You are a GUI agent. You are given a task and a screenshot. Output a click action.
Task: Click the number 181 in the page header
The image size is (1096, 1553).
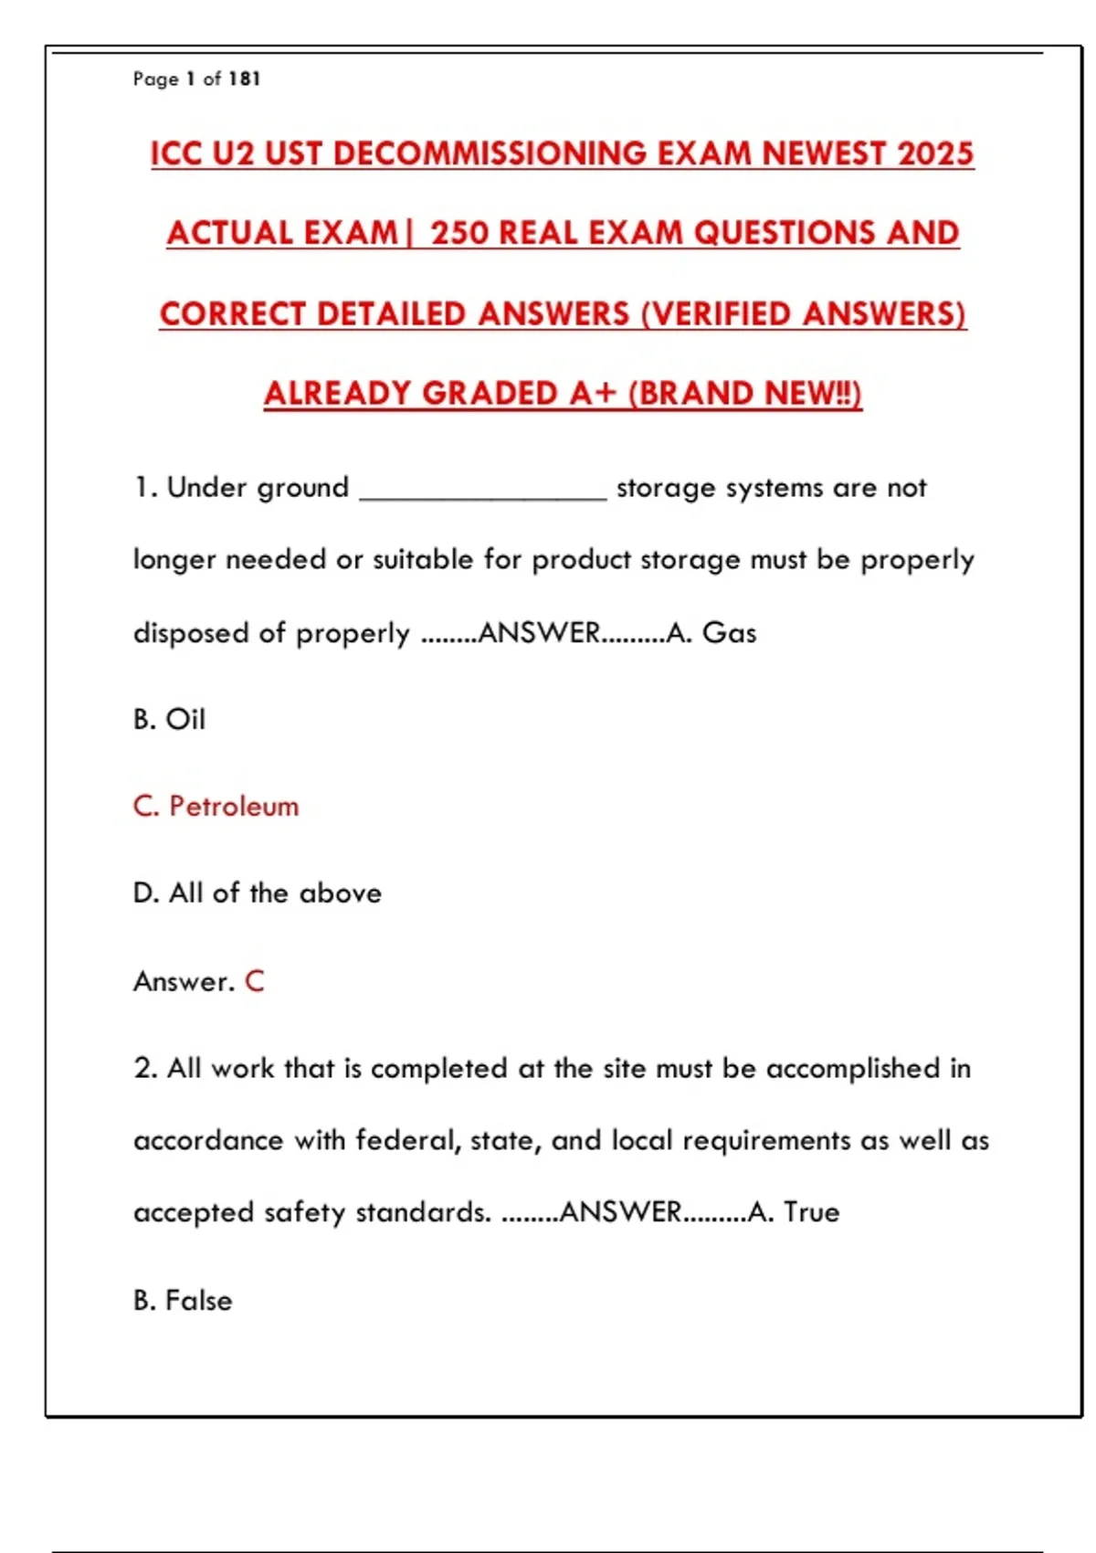point(245,79)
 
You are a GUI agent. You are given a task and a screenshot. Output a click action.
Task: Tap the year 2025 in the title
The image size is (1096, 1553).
point(935,153)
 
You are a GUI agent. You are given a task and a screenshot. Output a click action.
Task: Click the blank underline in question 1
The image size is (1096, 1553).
point(483,493)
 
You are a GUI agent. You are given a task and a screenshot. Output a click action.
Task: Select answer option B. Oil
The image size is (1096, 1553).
point(170,720)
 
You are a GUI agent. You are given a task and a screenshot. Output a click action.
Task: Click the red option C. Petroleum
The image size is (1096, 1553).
point(216,807)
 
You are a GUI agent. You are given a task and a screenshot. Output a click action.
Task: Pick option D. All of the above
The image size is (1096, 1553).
point(258,893)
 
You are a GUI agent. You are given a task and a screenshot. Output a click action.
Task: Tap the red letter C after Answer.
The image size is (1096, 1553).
point(254,981)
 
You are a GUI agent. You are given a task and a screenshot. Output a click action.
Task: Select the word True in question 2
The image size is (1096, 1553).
point(811,1212)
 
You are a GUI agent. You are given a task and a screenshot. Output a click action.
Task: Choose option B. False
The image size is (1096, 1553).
point(183,1300)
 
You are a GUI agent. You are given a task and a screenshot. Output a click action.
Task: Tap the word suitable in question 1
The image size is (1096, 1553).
point(424,560)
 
